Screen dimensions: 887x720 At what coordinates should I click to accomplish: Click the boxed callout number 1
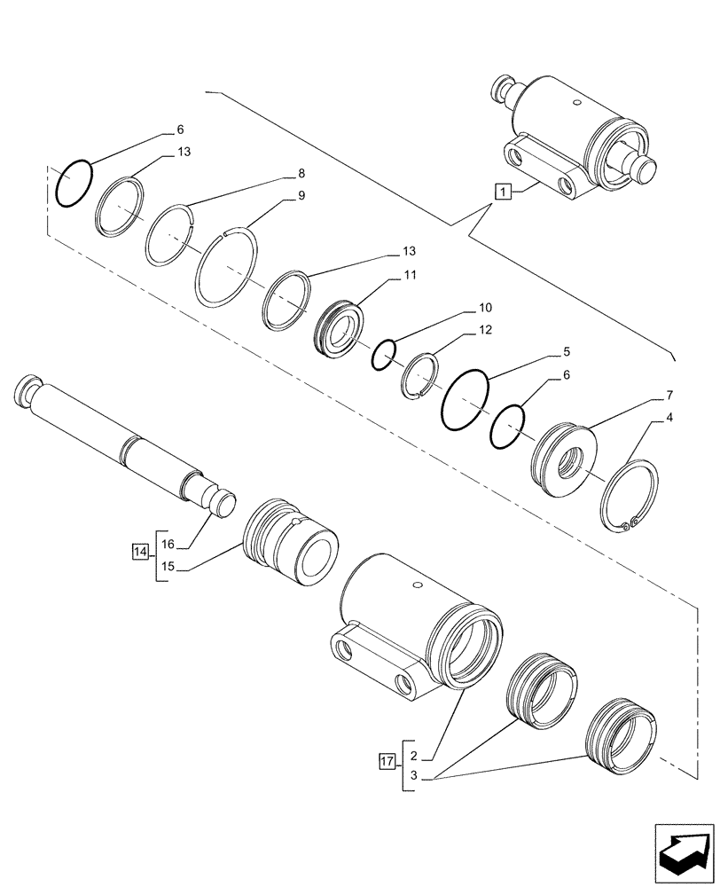coord(502,191)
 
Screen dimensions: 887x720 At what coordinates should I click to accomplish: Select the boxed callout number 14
coord(140,553)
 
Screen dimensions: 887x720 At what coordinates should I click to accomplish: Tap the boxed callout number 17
coord(386,760)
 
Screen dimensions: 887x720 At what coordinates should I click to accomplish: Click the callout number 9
coord(301,196)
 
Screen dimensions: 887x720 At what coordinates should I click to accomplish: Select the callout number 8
coord(301,173)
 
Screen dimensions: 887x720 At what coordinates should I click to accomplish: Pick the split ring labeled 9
coord(227,268)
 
